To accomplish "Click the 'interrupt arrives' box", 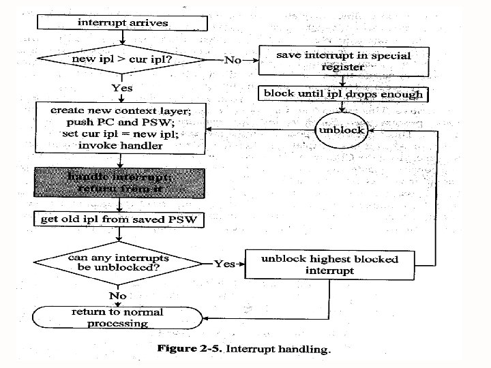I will click(121, 22).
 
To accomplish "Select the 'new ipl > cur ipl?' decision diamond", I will click(121, 59).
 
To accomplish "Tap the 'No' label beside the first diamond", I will click(233, 60).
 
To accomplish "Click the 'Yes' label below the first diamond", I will click(122, 88).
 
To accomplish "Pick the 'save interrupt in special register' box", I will click(343, 60).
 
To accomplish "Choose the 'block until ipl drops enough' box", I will click(343, 94).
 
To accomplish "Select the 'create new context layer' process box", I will click(120, 127).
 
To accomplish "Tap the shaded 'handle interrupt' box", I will click(120, 183).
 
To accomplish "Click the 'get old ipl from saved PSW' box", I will click(120, 219).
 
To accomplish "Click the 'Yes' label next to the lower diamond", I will click(225, 263).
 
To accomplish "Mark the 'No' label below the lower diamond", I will click(118, 295).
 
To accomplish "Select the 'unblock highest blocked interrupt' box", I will click(330, 264).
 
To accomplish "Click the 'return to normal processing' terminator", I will click(118, 317).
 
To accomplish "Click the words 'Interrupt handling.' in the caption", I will click(278, 350).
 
